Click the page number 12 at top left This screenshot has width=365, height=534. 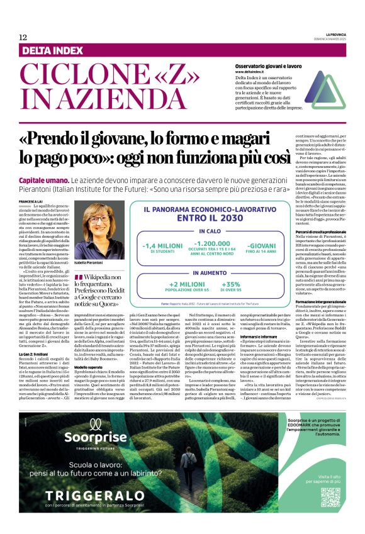coord(23,38)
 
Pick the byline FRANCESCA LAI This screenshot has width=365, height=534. coord(31,201)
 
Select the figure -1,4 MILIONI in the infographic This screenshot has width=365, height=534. coord(163,247)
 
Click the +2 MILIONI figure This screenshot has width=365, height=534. coord(189,284)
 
